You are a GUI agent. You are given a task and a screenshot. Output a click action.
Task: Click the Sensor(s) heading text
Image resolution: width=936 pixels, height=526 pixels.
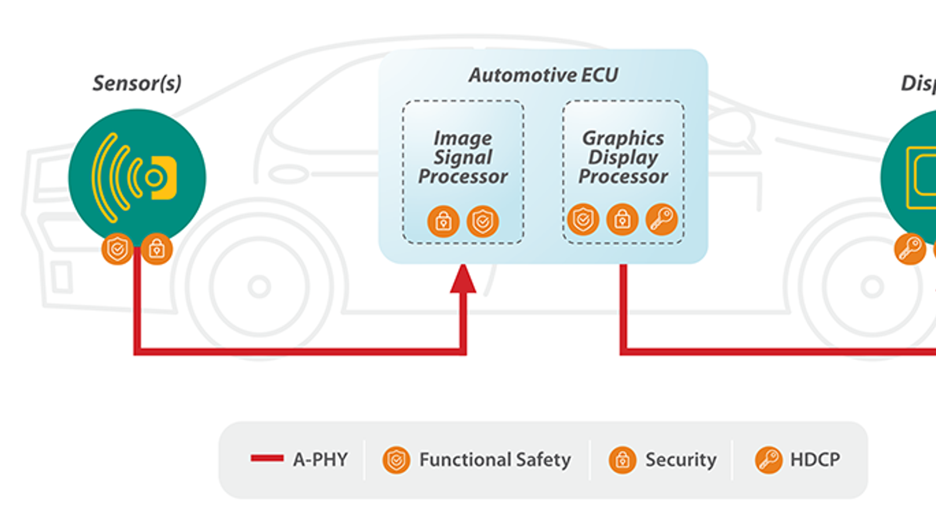[137, 83]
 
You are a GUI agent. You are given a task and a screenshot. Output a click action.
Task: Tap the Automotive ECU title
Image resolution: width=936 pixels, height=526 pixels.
[543, 75]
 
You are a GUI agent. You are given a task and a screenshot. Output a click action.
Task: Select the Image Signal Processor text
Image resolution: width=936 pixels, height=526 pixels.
[463, 157]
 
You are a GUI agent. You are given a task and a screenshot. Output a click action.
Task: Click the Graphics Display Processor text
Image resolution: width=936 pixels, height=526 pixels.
[623, 157]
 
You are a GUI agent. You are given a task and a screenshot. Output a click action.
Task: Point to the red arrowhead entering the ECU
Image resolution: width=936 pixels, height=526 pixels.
[463, 279]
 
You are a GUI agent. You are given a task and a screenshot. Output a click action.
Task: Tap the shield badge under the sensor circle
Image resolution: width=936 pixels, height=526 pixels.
[118, 250]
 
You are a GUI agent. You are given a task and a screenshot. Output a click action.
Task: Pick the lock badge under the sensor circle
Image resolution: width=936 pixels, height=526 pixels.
[156, 250]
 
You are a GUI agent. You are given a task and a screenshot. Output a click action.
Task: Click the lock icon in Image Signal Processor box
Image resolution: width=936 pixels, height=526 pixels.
[443, 222]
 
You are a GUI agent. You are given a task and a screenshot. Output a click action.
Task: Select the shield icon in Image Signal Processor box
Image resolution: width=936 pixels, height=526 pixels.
[483, 222]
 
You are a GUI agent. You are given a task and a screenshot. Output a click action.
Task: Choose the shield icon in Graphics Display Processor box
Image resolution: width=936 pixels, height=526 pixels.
[583, 220]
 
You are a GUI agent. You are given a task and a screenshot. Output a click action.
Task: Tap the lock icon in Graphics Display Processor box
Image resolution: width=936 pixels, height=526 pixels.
[622, 220]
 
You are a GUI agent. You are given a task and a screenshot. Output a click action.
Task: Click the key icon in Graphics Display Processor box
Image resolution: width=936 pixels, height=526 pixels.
[661, 220]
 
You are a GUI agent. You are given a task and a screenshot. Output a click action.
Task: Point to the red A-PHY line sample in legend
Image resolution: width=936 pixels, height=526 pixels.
[267, 458]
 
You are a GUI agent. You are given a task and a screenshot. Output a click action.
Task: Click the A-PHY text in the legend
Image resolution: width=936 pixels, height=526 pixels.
[321, 459]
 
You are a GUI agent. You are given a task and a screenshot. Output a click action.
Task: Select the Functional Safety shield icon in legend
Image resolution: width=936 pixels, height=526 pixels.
[396, 460]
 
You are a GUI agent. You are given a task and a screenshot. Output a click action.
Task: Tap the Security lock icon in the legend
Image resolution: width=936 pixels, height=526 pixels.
[622, 460]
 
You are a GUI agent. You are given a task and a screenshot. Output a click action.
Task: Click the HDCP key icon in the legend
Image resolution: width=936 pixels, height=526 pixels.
[768, 460]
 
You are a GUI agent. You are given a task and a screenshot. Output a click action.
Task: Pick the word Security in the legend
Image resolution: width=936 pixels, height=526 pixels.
[680, 460]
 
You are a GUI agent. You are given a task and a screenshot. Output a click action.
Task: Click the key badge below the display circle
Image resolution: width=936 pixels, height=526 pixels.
[910, 250]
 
